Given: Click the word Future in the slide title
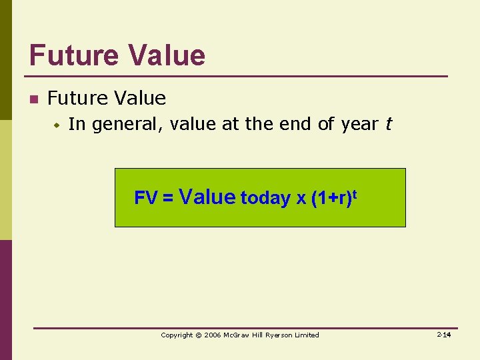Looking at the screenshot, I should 74,55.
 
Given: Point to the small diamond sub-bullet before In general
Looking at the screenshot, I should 58,125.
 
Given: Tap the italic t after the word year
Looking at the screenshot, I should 388,124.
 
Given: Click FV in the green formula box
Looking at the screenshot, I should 145,198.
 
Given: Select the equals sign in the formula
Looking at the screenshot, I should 167,198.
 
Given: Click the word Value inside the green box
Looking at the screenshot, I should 207,197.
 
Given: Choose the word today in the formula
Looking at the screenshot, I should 265,198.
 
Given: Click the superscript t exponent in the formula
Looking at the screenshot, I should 353,193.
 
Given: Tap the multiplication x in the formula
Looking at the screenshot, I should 301,199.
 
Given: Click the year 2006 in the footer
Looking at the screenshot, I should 213,335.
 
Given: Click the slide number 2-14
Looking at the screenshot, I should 445,334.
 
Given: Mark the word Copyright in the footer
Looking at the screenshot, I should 177,335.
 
